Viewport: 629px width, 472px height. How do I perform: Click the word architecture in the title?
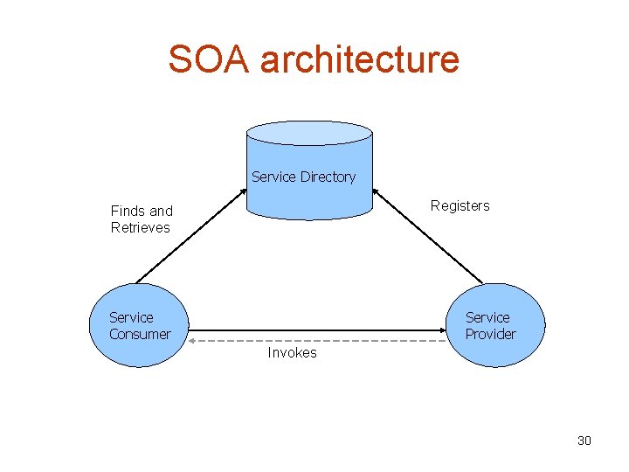point(360,59)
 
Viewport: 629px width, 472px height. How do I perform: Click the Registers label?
point(460,205)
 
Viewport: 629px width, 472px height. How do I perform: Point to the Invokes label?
point(292,353)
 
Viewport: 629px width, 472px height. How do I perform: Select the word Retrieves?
point(140,227)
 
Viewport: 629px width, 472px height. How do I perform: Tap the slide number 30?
point(584,441)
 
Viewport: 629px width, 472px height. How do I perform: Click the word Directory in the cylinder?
point(328,177)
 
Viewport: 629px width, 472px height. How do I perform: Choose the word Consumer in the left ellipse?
point(140,334)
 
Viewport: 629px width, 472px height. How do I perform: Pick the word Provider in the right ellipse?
point(490,334)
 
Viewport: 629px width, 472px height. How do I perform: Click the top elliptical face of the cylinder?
point(309,133)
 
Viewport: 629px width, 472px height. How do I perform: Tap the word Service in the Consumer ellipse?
point(131,317)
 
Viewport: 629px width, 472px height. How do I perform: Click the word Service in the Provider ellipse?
point(487,317)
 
